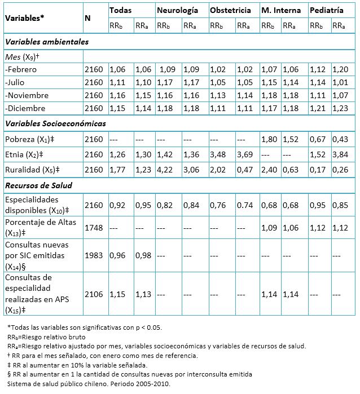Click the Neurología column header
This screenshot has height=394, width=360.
[177, 10]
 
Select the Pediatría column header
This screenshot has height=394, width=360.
[327, 10]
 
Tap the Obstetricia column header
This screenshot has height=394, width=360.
[230, 10]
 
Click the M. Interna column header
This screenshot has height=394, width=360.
[281, 10]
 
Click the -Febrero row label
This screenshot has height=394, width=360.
[21, 69]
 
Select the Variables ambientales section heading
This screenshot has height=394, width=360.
[47, 42]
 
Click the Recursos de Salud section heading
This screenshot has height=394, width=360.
[39, 185]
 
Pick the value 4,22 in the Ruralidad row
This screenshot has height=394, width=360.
[165, 170]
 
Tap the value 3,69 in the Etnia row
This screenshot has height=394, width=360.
[245, 154]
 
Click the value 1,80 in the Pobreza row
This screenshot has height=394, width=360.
[269, 139]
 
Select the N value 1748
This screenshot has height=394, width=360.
[94, 228]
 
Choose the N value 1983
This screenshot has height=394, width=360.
[94, 255]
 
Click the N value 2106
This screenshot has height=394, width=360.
[94, 294]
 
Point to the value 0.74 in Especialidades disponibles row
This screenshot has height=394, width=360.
[245, 205]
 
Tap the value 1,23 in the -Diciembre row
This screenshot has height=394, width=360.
[340, 108]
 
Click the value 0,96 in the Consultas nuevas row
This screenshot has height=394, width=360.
[117, 255]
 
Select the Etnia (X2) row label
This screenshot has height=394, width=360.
[24, 154]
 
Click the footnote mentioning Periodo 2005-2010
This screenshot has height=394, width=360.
[89, 384]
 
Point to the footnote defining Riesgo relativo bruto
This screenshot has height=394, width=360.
[46, 337]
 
